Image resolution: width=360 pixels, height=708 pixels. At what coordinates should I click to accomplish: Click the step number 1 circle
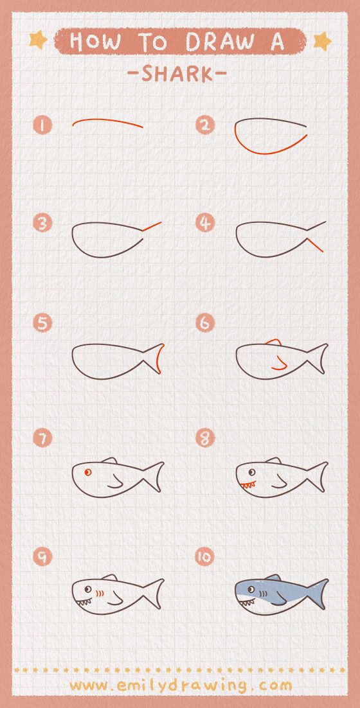pyautogui.click(x=42, y=125)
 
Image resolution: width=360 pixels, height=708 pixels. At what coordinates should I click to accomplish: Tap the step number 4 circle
pyautogui.click(x=204, y=223)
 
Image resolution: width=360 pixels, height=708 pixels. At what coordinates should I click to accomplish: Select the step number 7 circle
pyautogui.click(x=42, y=438)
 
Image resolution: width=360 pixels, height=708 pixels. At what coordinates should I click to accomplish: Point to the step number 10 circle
pyautogui.click(x=204, y=556)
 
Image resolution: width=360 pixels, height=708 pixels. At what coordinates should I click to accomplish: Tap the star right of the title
pyautogui.click(x=321, y=41)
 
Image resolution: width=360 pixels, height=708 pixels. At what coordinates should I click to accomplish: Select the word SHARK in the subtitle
pyautogui.click(x=177, y=74)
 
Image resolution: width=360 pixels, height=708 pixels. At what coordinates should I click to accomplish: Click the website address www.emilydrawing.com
pyautogui.click(x=181, y=685)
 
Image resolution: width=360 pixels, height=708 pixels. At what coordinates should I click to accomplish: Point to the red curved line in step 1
pyautogui.click(x=107, y=121)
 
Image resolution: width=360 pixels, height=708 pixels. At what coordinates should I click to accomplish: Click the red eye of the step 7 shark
pyautogui.click(x=88, y=472)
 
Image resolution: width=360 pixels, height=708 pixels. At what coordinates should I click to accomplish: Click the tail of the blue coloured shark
pyautogui.click(x=318, y=593)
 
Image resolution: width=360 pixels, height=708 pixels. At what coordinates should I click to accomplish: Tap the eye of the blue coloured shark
pyautogui.click(x=251, y=588)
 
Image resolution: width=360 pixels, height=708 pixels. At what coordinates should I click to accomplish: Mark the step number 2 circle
pyautogui.click(x=204, y=125)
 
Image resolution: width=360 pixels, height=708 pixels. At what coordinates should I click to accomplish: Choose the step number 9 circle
pyautogui.click(x=42, y=556)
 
